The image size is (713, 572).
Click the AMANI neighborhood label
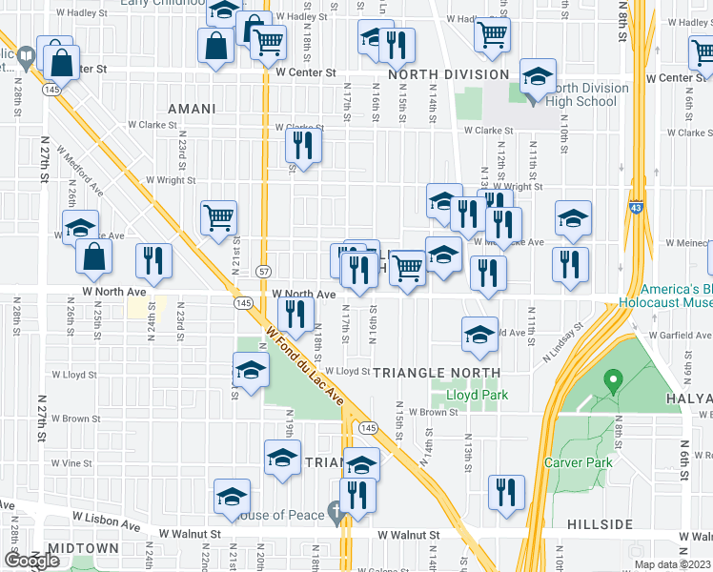click(192, 109)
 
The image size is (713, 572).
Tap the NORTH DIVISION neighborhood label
click(447, 74)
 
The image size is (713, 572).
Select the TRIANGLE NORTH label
click(437, 372)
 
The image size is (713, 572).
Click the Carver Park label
click(577, 462)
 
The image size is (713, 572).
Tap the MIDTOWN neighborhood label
click(83, 548)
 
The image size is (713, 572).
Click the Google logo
click(31, 561)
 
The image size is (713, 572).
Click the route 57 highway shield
click(264, 272)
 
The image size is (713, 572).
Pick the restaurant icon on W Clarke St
click(303, 146)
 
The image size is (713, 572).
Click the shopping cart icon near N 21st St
click(219, 217)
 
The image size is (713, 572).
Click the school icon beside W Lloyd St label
click(251, 369)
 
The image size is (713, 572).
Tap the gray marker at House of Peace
click(335, 513)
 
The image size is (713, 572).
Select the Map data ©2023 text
click(673, 564)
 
